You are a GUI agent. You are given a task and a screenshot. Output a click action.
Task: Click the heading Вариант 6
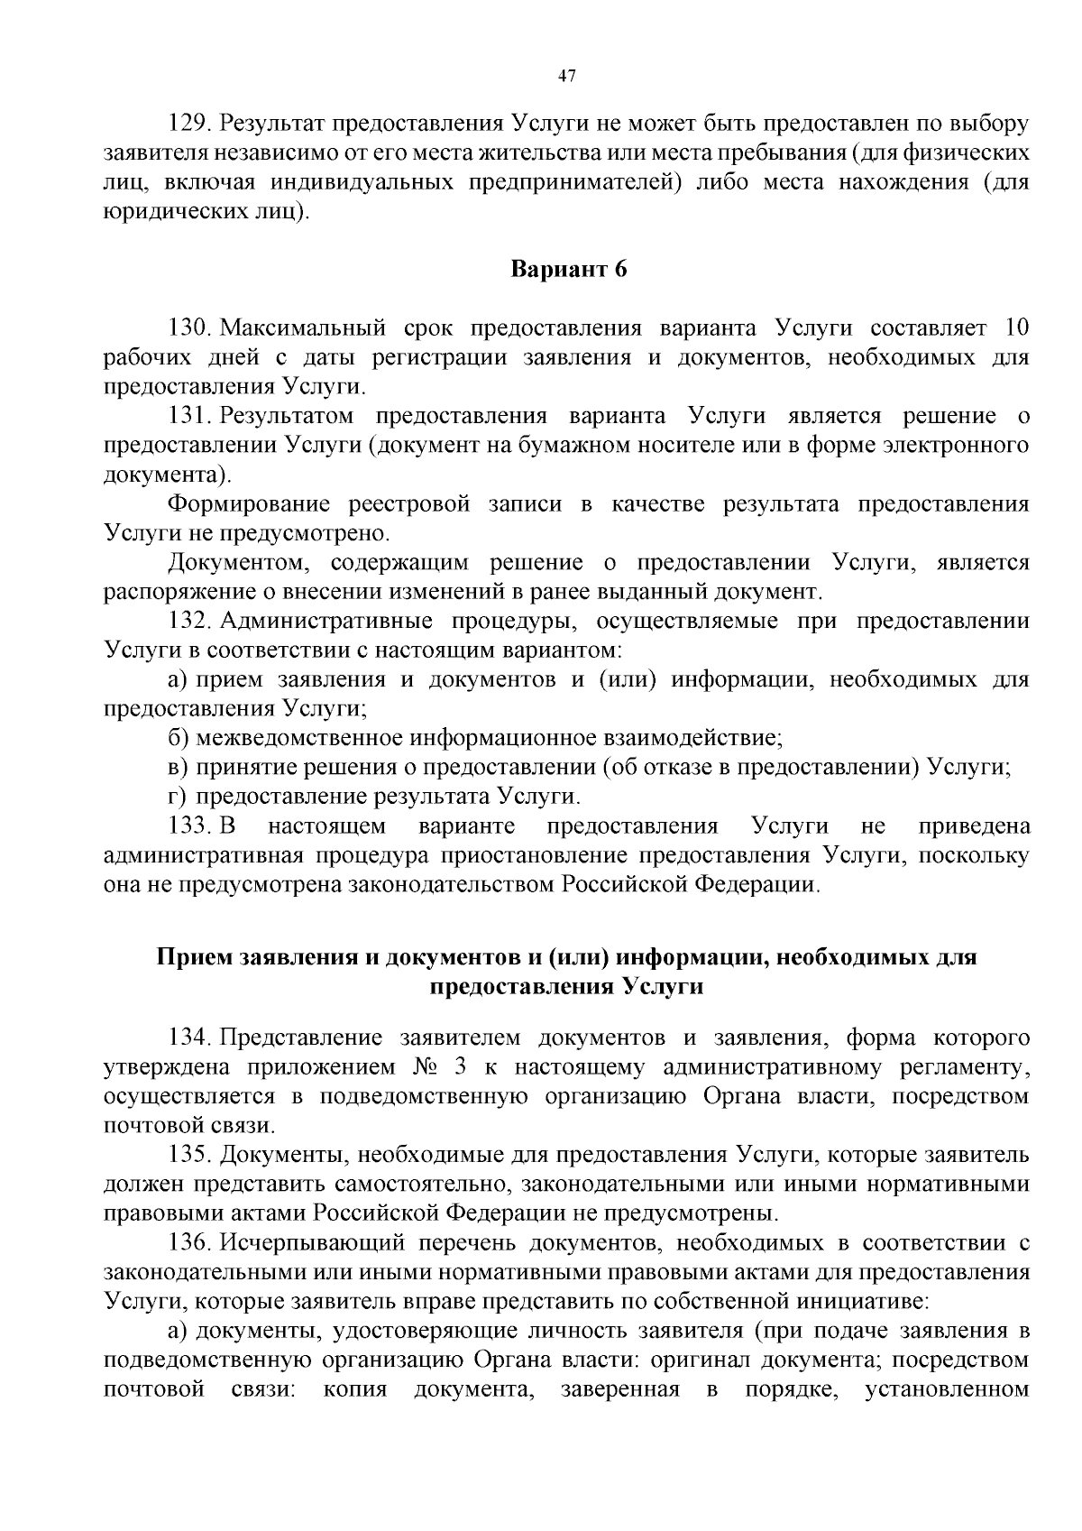(568, 270)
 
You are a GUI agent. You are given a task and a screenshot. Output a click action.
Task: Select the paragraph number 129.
(191, 123)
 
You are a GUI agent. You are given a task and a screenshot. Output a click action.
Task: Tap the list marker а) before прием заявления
(178, 679)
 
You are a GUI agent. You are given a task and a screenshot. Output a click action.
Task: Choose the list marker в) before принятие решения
(178, 768)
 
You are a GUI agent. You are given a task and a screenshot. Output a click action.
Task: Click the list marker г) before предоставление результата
(178, 797)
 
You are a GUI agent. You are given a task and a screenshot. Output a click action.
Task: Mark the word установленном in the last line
(947, 1388)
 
